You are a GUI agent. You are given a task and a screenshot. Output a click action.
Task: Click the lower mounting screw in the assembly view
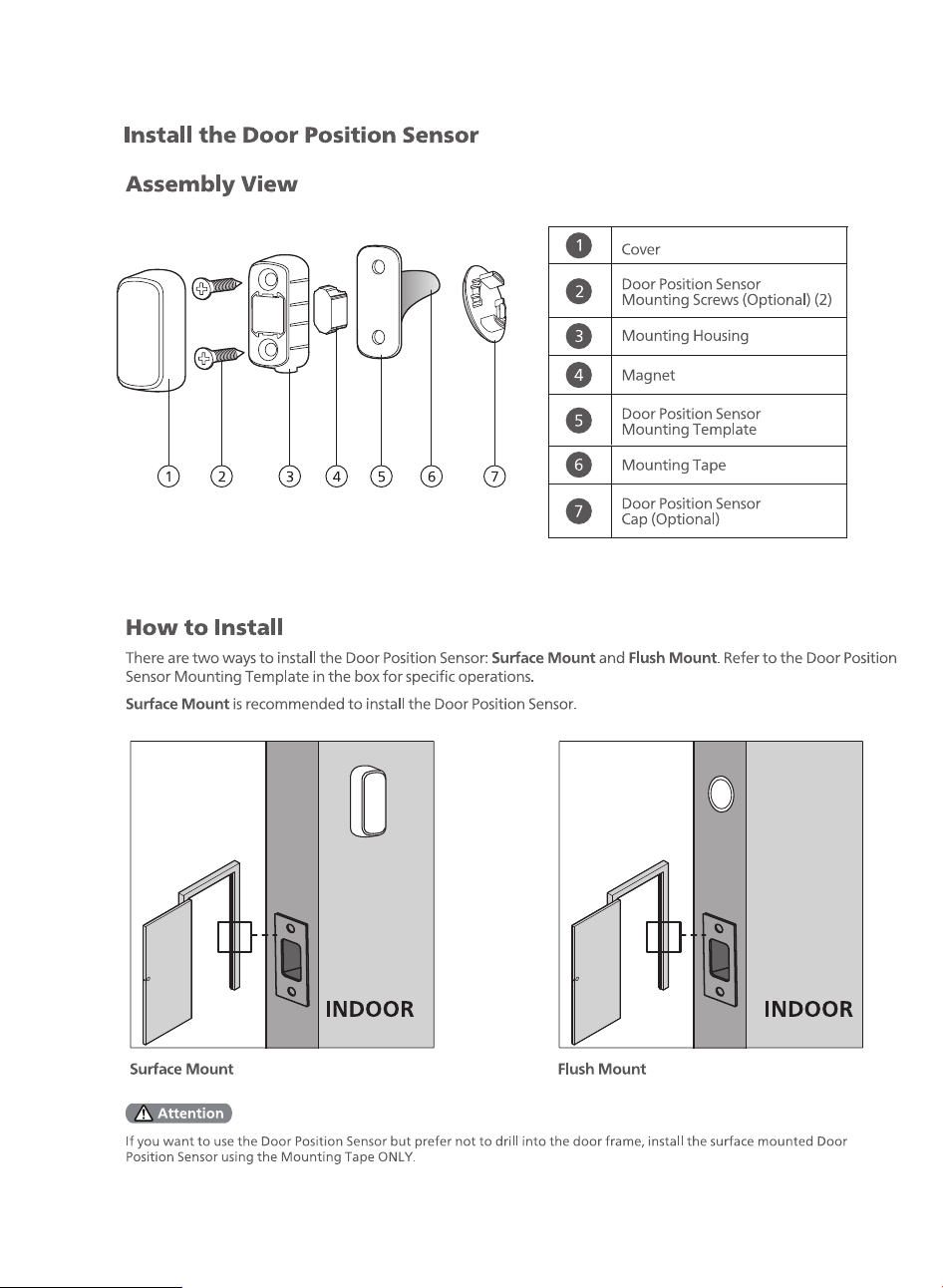tap(219, 358)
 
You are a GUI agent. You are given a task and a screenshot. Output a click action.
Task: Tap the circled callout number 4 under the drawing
tap(336, 477)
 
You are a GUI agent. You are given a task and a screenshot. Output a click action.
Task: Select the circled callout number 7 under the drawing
tap(494, 477)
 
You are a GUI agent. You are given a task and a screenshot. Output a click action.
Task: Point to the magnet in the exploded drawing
tap(331, 309)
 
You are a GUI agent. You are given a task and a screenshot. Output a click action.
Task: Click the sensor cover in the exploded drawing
tap(152, 331)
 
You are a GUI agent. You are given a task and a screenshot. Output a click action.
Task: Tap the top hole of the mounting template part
tap(379, 267)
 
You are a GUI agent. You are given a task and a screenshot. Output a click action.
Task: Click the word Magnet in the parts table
tap(648, 375)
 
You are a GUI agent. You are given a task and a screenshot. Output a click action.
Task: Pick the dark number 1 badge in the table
tap(579, 245)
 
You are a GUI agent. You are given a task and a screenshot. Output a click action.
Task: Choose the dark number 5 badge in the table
tap(579, 421)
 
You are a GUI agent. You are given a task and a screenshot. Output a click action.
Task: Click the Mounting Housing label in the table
tap(685, 336)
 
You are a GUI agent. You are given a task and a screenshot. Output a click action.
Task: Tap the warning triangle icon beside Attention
tap(144, 1114)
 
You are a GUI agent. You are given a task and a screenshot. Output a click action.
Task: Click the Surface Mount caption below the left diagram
tap(181, 1069)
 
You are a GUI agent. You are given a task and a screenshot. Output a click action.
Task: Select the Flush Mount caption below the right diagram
tap(602, 1069)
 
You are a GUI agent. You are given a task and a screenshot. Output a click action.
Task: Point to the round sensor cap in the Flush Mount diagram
tap(721, 794)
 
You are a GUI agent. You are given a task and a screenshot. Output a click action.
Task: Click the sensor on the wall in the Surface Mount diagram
tap(368, 801)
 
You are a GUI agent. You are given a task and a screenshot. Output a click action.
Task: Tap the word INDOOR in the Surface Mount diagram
tap(370, 1009)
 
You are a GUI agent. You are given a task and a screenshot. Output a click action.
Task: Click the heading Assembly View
tap(211, 184)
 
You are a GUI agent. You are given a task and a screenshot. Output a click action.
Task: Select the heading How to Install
tap(204, 627)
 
